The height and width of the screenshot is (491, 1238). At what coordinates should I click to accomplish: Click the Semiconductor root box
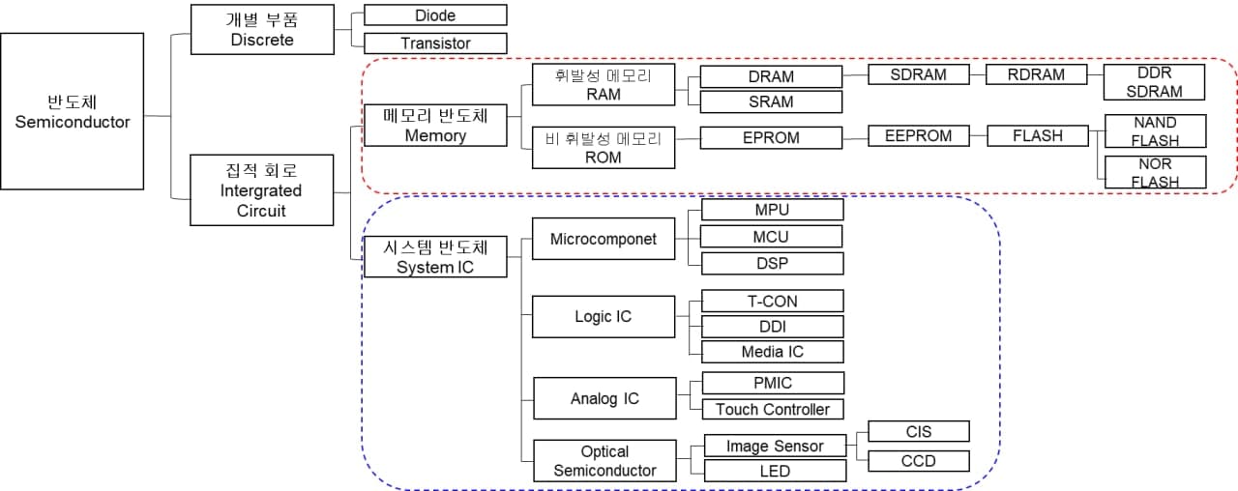tap(73, 111)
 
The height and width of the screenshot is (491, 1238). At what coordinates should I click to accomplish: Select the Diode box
tap(435, 15)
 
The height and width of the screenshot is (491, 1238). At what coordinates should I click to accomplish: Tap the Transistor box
tap(435, 43)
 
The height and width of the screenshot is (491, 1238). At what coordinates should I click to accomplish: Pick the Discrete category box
tap(262, 29)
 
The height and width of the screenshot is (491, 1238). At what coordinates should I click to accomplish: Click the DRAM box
tap(771, 76)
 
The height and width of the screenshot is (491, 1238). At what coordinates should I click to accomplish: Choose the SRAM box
tap(771, 101)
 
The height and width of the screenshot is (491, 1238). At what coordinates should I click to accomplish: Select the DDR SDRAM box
tap(1155, 82)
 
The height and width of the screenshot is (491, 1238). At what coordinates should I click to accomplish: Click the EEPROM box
tap(918, 136)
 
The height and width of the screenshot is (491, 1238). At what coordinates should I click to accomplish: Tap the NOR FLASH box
tap(1155, 172)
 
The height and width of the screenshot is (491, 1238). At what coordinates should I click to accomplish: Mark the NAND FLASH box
tap(1155, 131)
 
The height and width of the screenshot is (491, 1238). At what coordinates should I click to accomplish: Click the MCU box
tap(771, 236)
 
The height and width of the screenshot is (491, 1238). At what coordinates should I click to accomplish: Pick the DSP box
tap(771, 263)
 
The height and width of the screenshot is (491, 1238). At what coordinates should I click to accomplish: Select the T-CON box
tap(771, 301)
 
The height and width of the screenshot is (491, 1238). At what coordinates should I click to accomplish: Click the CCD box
tap(918, 460)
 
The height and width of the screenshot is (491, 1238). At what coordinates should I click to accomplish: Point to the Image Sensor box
tap(775, 446)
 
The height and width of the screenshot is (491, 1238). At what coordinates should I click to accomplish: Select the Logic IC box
tap(604, 316)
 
